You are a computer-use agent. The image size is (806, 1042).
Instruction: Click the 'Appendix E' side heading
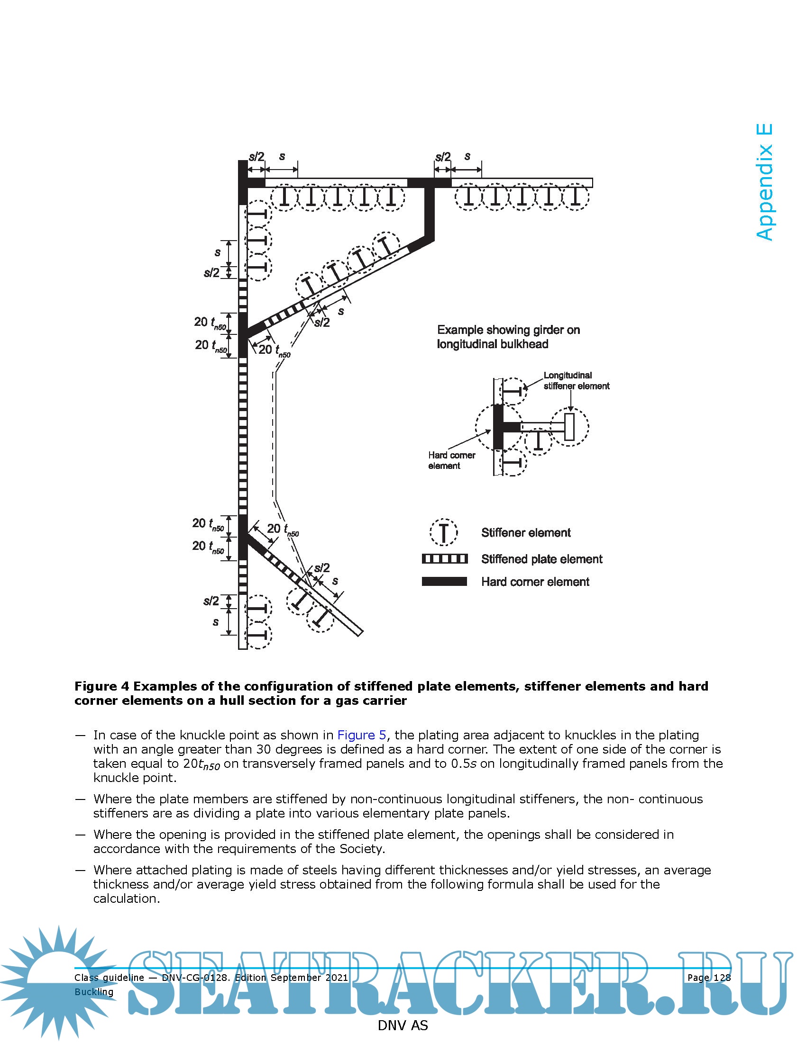tap(764, 182)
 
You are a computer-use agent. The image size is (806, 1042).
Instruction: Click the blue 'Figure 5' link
tap(361, 735)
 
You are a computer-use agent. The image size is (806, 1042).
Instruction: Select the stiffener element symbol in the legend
tap(444, 532)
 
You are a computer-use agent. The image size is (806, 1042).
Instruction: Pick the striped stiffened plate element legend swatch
tap(444, 559)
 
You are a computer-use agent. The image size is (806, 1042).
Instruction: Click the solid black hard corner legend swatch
tap(444, 581)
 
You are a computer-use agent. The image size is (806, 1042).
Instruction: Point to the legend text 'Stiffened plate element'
tap(541, 559)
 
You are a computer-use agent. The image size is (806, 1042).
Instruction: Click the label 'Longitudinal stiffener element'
tap(576, 381)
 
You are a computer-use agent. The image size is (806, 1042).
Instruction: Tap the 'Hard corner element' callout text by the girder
tap(451, 460)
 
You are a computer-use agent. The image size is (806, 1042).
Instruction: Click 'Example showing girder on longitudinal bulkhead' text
tap(508, 337)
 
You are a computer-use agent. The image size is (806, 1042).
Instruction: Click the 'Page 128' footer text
tap(709, 978)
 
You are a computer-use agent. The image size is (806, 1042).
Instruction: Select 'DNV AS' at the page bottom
tap(403, 1025)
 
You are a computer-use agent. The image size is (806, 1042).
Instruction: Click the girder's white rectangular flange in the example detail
tap(569, 427)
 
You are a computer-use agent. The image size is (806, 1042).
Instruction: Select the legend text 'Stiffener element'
tap(526, 532)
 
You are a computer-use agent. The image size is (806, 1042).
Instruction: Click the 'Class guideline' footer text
tap(109, 978)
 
